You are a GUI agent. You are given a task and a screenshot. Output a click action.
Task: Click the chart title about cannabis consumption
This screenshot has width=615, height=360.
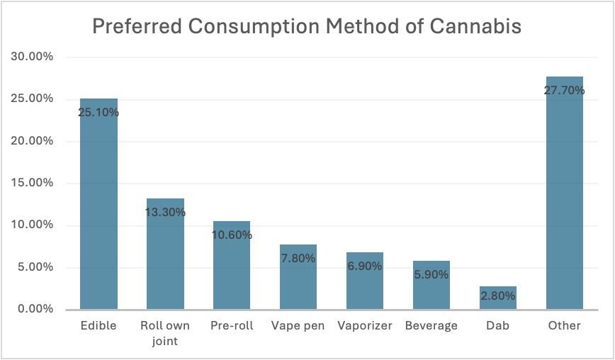(x=307, y=27)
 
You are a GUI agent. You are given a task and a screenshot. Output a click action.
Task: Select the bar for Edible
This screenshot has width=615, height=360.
(x=98, y=213)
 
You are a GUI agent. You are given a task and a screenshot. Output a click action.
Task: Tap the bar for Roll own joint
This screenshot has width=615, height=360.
(x=165, y=262)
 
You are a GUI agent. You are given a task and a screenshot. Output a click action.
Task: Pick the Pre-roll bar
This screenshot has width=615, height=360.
(x=232, y=273)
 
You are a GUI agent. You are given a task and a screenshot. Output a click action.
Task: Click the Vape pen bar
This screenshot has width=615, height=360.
(x=298, y=283)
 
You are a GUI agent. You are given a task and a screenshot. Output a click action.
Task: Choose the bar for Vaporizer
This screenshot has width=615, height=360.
(x=365, y=287)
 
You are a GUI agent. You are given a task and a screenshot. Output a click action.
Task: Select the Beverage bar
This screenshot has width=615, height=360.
(x=431, y=291)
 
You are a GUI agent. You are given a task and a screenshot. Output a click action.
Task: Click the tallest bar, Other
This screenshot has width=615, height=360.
(x=565, y=206)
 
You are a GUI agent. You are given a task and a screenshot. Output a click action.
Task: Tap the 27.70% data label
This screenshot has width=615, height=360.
(x=565, y=90)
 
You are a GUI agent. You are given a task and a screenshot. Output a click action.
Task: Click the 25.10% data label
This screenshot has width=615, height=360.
(x=98, y=112)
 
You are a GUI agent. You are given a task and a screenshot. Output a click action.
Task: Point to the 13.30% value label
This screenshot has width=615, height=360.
(x=165, y=212)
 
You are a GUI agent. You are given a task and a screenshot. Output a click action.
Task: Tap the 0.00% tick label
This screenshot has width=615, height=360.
(x=34, y=310)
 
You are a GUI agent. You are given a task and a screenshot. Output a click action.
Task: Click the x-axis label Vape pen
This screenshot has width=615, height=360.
(x=298, y=326)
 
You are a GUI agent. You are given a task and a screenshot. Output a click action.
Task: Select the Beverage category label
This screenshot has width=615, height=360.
(x=431, y=326)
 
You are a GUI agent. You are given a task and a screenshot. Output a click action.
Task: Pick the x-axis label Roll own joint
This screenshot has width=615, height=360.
(x=165, y=332)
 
